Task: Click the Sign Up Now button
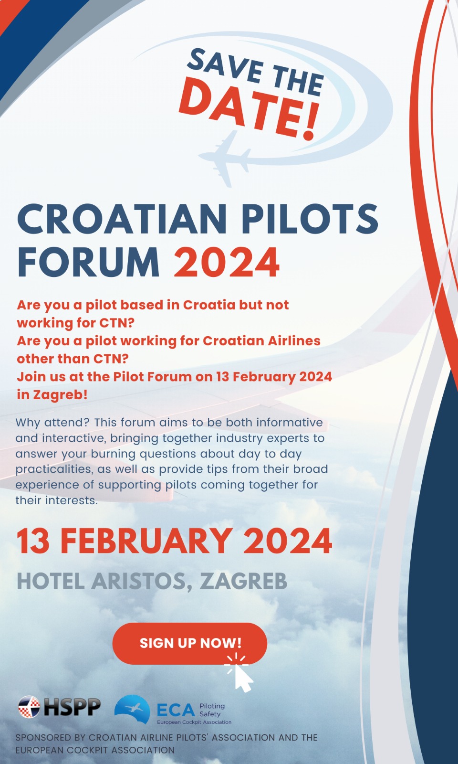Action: (189, 643)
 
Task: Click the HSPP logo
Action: (60, 707)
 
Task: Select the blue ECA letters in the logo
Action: (176, 710)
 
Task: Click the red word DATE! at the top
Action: (248, 109)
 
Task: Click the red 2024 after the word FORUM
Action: (226, 262)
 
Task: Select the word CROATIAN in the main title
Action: (122, 219)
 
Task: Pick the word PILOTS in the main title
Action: (310, 219)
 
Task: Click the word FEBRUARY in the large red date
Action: (146, 541)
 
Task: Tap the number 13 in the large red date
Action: (33, 541)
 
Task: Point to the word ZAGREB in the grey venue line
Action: (243, 581)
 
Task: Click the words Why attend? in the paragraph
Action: (52, 423)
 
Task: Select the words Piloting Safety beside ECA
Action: (211, 710)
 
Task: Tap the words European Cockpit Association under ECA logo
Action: (194, 722)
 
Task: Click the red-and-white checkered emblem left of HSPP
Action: (29, 707)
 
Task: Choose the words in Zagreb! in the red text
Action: (52, 395)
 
